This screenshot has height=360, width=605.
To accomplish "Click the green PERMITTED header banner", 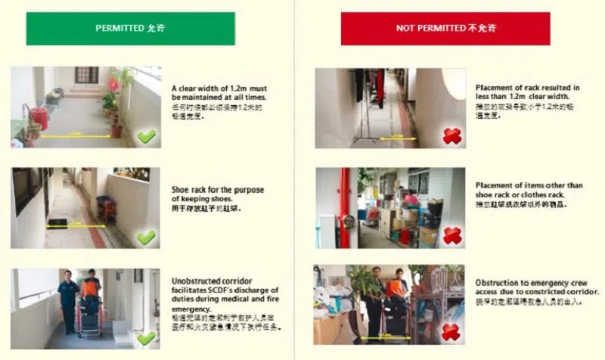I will (x=130, y=28).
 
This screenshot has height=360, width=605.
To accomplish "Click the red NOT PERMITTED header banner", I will (x=445, y=28).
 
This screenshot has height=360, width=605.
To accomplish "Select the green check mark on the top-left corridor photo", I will (x=147, y=136).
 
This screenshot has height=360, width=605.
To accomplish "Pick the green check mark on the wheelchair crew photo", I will (x=146, y=337).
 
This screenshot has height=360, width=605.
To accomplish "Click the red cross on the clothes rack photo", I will (x=452, y=136).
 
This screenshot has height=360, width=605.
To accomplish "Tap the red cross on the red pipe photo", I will (x=452, y=236).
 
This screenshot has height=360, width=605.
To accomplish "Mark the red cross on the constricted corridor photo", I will (x=452, y=333).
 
